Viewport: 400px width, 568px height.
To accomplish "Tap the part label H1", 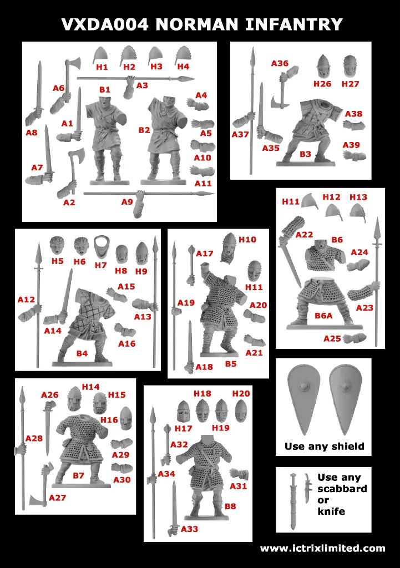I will [102, 67].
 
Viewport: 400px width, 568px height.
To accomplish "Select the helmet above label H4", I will [183, 55].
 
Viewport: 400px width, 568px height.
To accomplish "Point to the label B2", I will [144, 130].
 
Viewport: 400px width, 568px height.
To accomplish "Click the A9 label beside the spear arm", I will [127, 202].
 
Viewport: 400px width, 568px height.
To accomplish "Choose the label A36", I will [280, 63].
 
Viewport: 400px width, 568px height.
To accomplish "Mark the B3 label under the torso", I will [305, 154].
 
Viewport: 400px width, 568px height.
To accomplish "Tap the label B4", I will [82, 353].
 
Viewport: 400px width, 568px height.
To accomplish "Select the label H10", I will [247, 240].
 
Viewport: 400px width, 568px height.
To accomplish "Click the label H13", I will [358, 197].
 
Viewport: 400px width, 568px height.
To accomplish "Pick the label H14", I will [90, 387].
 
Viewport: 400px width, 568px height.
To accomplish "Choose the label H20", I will [241, 393].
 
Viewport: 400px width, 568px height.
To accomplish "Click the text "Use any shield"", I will [324, 446].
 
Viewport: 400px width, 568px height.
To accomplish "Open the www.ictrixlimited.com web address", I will [322, 549].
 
